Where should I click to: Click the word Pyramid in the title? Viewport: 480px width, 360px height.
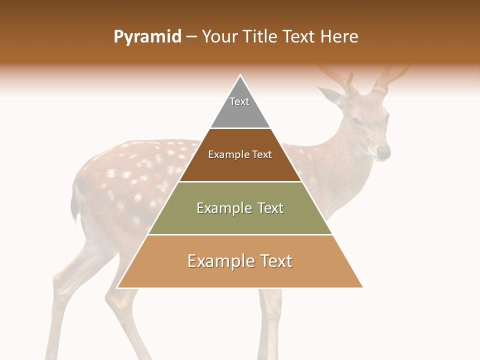coord(147,37)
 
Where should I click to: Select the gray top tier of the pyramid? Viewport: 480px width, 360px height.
coord(240,112)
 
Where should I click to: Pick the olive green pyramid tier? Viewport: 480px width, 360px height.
coord(240,220)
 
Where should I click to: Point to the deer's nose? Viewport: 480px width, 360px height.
coord(383,151)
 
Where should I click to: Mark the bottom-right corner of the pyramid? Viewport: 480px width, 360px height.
coord(362,287)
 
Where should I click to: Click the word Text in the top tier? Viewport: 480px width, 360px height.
coord(239,101)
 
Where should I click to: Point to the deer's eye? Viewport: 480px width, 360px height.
coord(356,121)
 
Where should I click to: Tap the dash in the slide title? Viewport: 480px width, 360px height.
coord(191,37)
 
